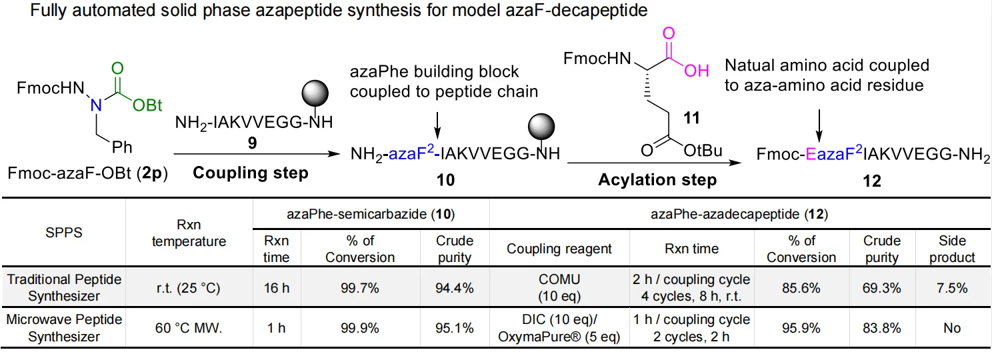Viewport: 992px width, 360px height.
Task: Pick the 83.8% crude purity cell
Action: click(x=881, y=328)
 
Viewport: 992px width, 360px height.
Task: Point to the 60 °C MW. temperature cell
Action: click(x=189, y=328)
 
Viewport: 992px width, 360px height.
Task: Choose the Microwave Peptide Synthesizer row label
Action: click(x=64, y=328)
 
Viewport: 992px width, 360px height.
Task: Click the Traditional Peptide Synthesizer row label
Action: click(x=64, y=288)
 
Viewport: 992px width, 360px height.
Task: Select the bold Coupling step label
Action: click(x=251, y=173)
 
